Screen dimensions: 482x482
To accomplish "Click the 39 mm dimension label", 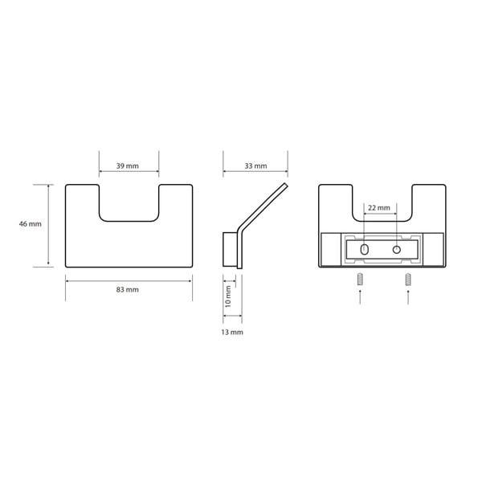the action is pyautogui.click(x=127, y=166).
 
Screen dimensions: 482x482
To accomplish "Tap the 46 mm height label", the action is pyautogui.click(x=31, y=224).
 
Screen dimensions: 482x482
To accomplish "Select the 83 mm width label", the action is pyautogui.click(x=127, y=289).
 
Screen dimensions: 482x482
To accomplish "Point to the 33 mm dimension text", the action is pyautogui.click(x=255, y=166).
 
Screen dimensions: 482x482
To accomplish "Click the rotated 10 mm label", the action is pyautogui.click(x=228, y=296).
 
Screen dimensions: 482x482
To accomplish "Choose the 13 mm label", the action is pyautogui.click(x=232, y=332).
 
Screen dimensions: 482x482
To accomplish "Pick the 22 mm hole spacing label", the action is pyautogui.click(x=379, y=208).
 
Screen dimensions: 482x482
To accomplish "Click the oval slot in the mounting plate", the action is pyautogui.click(x=365, y=249).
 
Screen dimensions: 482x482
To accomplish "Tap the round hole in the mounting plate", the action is pyautogui.click(x=397, y=249).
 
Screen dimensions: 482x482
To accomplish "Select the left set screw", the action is pyautogui.click(x=360, y=280).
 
